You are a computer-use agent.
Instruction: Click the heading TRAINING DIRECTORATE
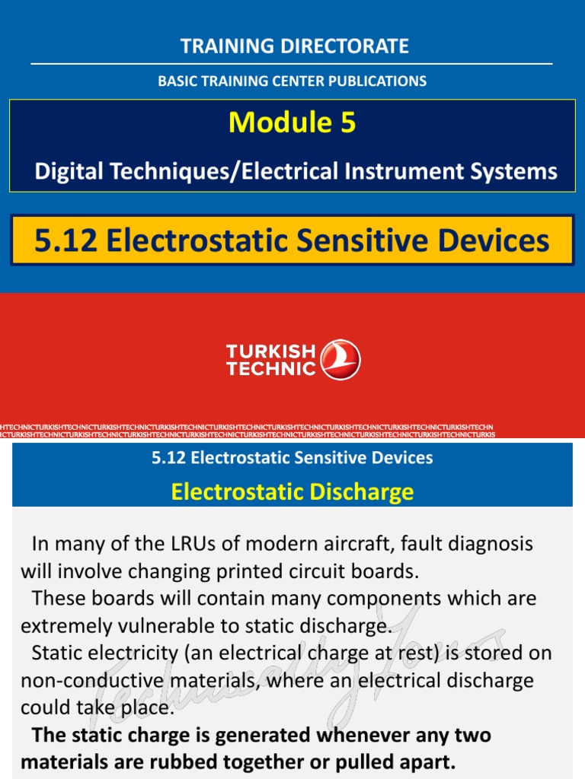[x=294, y=46]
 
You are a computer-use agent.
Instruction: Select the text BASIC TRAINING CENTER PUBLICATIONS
[x=292, y=81]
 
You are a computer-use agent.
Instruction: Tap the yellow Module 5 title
[x=292, y=122]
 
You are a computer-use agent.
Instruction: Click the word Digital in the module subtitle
[x=69, y=171]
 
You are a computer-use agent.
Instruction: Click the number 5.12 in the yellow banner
[x=66, y=241]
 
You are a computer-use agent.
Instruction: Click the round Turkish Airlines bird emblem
[x=341, y=360]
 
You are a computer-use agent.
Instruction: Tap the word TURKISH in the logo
[x=270, y=351]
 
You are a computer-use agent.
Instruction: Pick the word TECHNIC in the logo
[x=270, y=369]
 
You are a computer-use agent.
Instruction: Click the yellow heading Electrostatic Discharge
[x=292, y=491]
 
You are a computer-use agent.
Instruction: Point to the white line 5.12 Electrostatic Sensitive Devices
[x=292, y=458]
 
